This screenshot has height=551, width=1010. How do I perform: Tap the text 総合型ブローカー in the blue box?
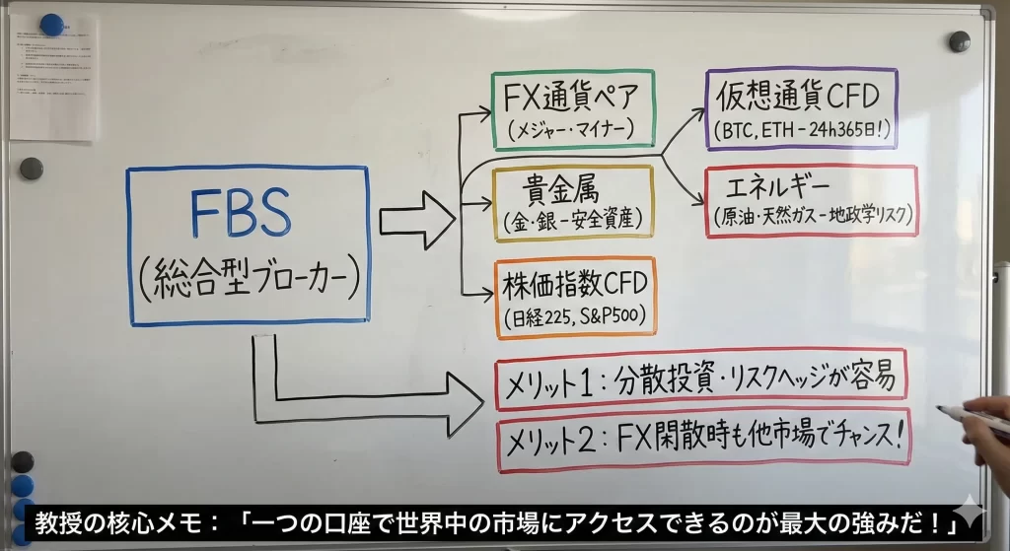click(x=247, y=282)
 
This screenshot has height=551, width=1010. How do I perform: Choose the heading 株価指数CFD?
click(x=575, y=286)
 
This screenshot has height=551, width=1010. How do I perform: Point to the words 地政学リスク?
click(x=868, y=214)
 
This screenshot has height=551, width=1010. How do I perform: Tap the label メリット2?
click(x=550, y=441)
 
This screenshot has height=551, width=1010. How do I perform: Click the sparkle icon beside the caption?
click(x=972, y=513)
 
